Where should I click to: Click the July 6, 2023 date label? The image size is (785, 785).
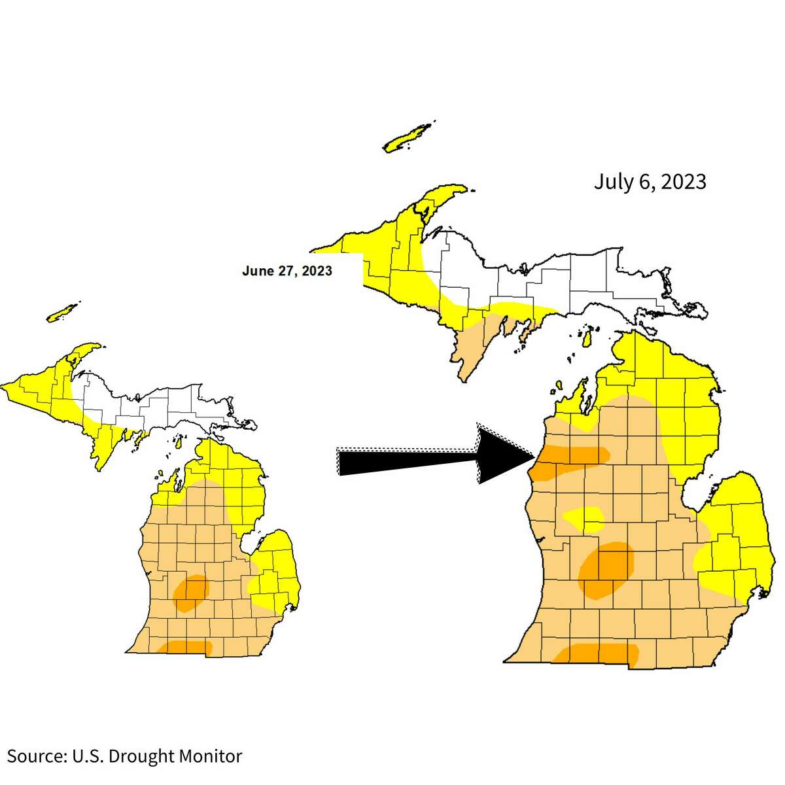[x=650, y=181]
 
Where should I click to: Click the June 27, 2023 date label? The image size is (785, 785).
[x=287, y=271]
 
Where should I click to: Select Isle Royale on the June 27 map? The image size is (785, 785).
[x=62, y=312]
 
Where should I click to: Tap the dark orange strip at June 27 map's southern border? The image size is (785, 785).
[x=187, y=647]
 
